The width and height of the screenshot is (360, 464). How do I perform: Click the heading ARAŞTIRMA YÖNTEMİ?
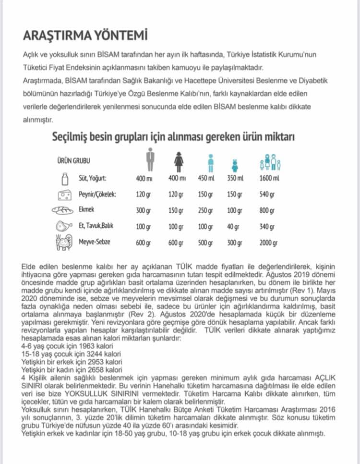click(x=85, y=36)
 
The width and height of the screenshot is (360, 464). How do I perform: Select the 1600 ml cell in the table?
click(x=270, y=179)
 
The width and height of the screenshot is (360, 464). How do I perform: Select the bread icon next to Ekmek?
click(x=63, y=210)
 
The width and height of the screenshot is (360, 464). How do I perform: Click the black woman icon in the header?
click(x=178, y=160)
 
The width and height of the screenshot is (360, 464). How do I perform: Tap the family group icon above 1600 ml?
click(x=270, y=161)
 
